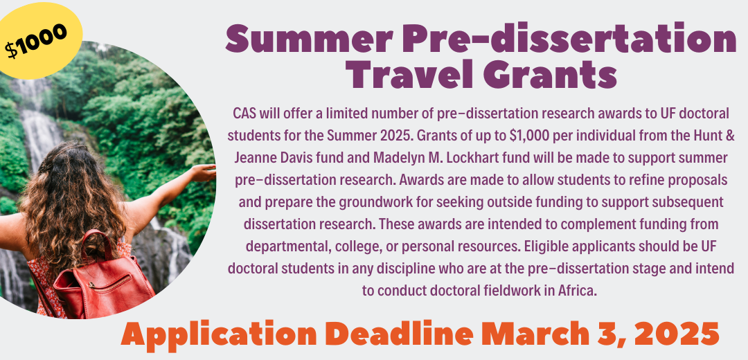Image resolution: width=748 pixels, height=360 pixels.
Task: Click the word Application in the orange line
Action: click(x=218, y=333)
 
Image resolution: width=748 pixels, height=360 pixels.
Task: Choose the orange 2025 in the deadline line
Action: click(x=676, y=333)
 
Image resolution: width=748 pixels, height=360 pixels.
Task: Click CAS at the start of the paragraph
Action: click(x=243, y=114)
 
